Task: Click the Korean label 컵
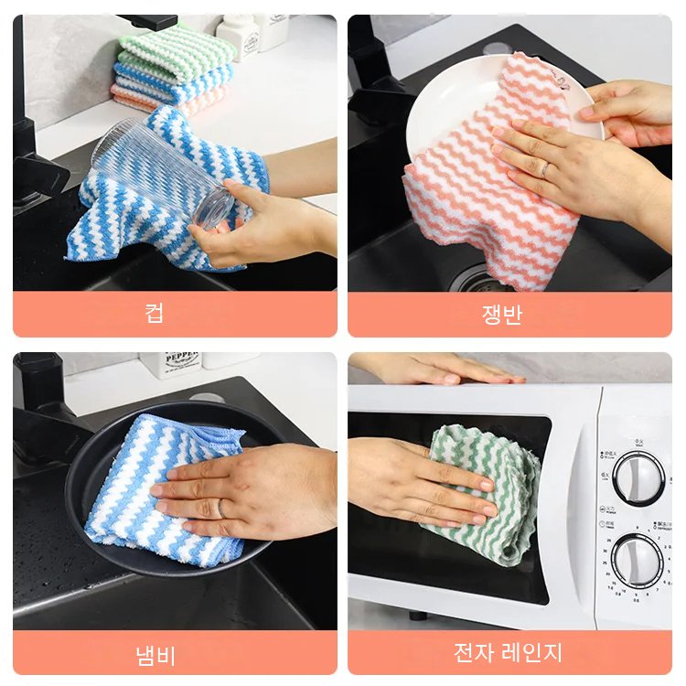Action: click(154, 314)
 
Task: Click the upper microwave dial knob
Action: click(638, 477)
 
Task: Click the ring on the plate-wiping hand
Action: click(545, 169)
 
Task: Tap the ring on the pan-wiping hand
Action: click(220, 507)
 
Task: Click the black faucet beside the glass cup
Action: click(32, 137)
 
